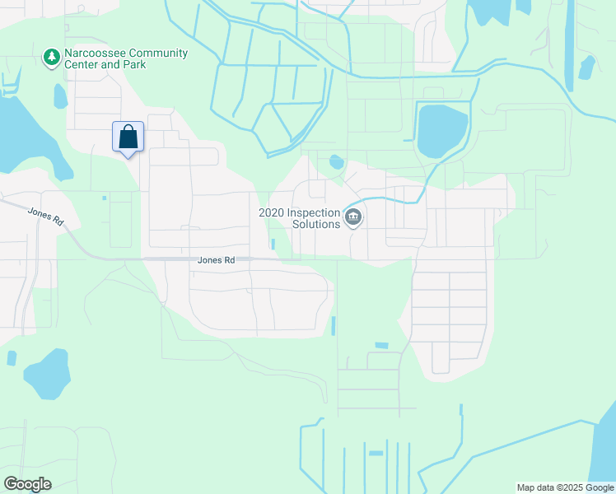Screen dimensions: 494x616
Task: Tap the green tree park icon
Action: coord(51,57)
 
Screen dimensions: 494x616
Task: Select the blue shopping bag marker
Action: coord(128,137)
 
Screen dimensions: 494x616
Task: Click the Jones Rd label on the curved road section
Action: coord(45,216)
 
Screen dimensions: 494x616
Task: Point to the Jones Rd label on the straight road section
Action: coord(217,260)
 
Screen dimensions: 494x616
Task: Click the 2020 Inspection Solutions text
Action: coord(299,217)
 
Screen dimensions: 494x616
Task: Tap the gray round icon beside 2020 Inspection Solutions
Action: coord(353,217)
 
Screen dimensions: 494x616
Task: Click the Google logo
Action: coord(27,484)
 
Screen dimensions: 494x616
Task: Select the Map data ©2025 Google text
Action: coord(565,487)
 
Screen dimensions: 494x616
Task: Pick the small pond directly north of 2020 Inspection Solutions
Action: coord(336,162)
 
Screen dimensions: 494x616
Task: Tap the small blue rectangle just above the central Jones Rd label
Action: coord(273,244)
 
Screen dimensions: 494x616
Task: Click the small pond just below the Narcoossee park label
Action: coord(59,96)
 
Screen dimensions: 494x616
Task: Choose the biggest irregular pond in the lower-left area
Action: coord(46,373)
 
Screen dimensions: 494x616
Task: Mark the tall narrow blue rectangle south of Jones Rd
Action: coord(334,326)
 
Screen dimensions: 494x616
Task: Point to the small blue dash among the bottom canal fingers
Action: coord(376,453)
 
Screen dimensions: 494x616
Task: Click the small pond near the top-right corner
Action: coord(586,68)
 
